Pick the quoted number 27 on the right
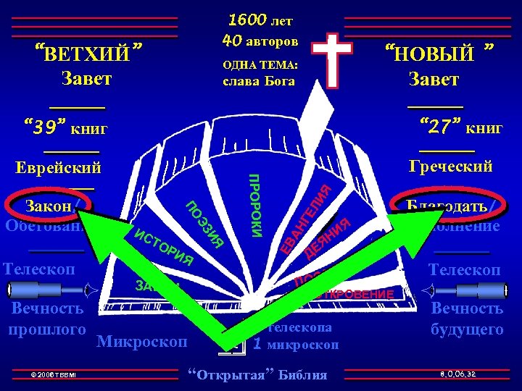[x=441, y=128]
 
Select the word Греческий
[x=450, y=167]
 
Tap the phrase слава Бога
[x=260, y=80]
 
